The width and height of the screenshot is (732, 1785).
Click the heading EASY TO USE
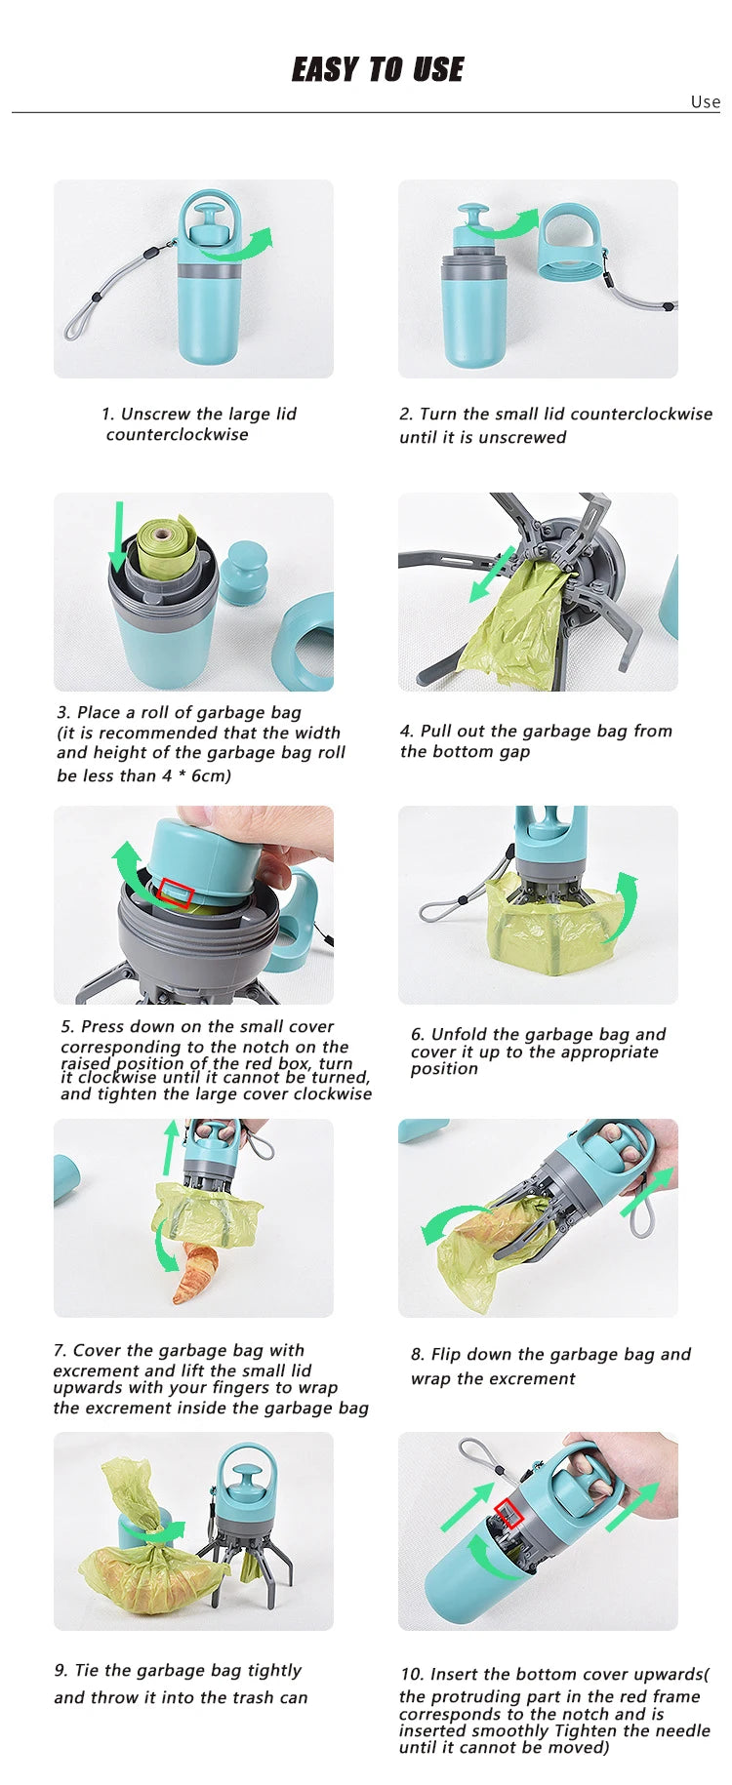click(x=378, y=69)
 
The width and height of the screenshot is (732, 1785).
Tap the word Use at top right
click(x=705, y=101)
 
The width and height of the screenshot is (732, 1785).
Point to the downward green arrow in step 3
click(x=118, y=536)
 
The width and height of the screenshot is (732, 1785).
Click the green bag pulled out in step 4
click(x=517, y=624)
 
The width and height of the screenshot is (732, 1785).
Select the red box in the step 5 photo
click(x=176, y=893)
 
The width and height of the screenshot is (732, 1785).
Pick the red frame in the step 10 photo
click(x=508, y=1514)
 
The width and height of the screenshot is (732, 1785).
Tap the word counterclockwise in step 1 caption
click(x=177, y=435)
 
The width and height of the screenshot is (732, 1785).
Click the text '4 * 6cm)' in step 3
click(x=196, y=775)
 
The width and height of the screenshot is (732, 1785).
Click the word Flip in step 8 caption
click(x=445, y=1354)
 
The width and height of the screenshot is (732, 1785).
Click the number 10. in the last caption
click(x=412, y=1674)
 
